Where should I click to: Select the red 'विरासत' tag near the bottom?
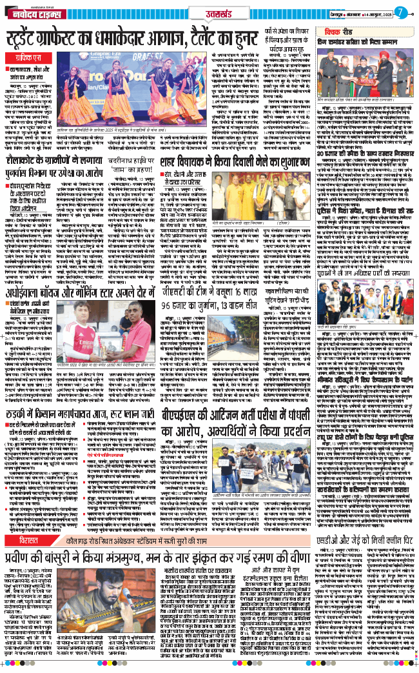[x=29, y=576]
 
